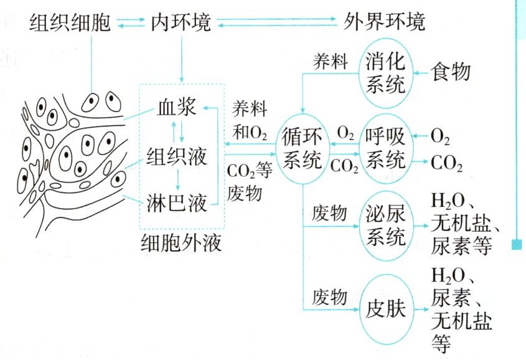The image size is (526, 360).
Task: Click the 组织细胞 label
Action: pyautogui.click(x=70, y=23)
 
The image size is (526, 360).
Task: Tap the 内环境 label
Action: pyautogui.click(x=181, y=23)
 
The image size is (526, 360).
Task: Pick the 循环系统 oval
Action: pyautogui.click(x=303, y=147)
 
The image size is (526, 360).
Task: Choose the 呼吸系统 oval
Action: pyautogui.click(x=386, y=147)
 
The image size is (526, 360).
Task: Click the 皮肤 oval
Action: pyautogui.click(x=386, y=309)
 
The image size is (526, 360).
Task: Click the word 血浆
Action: pyautogui.click(x=176, y=111)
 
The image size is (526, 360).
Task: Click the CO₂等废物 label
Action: pyautogui.click(x=248, y=181)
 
